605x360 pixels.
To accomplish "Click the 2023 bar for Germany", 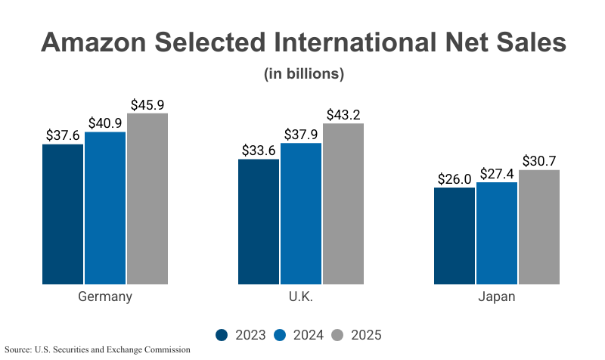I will [63, 214].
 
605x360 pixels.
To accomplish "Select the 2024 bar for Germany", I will [105, 208].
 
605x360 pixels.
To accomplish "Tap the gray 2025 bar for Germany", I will [147, 199].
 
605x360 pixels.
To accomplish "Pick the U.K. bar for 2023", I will [259, 222].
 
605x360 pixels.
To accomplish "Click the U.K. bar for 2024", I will [301, 213].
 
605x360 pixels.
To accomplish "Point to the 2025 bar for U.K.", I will [343, 203].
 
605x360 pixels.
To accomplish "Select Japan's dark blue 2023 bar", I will [455, 236].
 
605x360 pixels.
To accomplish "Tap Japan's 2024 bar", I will [497, 233].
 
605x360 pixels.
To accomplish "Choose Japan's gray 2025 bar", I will [539, 227].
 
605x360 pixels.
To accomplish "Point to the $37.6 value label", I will [63, 135].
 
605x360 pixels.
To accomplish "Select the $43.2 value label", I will [343, 114].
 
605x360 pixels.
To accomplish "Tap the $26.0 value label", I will [455, 178].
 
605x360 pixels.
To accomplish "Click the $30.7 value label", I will [539, 160].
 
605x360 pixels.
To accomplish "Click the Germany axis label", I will [105, 296].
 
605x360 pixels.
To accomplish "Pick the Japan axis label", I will [497, 296].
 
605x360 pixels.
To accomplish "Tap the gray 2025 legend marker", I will [339, 335].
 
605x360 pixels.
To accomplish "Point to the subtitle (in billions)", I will [303, 74].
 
